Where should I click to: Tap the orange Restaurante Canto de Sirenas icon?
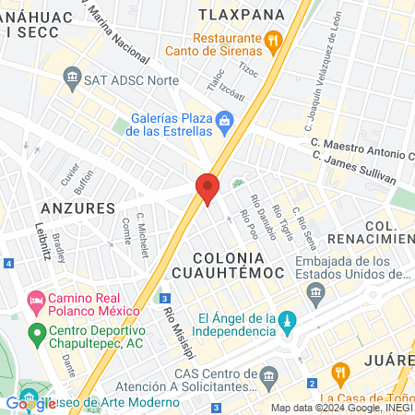[272, 41]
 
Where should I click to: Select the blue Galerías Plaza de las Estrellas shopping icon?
[224, 120]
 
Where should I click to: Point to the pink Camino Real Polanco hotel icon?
[36, 300]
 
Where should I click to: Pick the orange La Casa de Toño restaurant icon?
[340, 373]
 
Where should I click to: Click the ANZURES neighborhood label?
[77, 207]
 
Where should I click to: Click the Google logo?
[30, 403]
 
